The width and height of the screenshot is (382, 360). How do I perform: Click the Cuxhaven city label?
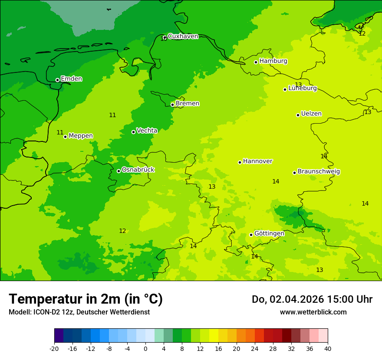coord(183,36)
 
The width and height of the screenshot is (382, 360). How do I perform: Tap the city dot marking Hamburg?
coord(256,62)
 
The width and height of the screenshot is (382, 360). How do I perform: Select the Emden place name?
coord(71,79)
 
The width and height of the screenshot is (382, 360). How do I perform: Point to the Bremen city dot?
coord(172,105)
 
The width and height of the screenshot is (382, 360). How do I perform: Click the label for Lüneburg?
coord(303,88)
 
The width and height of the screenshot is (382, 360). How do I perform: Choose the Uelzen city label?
coord(311,114)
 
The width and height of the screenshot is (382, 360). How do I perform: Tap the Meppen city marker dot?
coord(66,137)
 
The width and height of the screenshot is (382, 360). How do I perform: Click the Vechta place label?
coord(147,131)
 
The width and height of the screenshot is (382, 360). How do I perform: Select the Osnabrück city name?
coord(138,170)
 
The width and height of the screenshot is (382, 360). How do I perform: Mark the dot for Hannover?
coord(240,162)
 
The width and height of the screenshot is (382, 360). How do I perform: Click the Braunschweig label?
coord(319,172)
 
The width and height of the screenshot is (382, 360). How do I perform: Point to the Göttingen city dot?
coord(251,235)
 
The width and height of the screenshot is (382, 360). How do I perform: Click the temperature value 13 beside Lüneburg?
coord(298,85)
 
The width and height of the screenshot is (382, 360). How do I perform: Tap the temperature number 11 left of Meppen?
coord(60,132)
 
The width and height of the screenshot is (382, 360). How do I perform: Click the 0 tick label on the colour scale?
coord(145,349)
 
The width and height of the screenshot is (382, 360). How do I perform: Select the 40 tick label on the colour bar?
coord(328,349)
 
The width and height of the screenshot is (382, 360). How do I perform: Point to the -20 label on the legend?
coord(54,349)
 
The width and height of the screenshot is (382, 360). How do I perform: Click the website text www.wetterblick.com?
coord(313,312)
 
